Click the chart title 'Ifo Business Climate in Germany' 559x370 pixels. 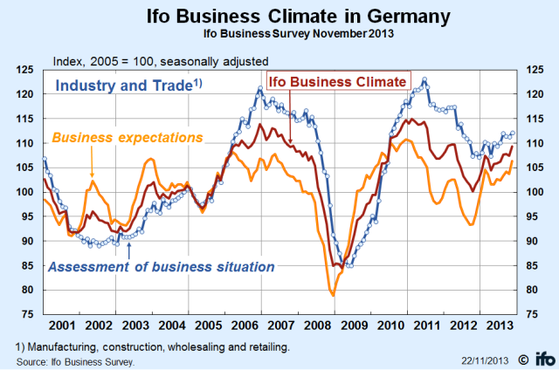(280, 15)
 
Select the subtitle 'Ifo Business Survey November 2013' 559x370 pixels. (280, 33)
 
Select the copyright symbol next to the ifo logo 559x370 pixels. (522, 358)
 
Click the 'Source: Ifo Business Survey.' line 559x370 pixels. (75, 358)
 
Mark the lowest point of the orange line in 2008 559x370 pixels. (333, 295)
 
